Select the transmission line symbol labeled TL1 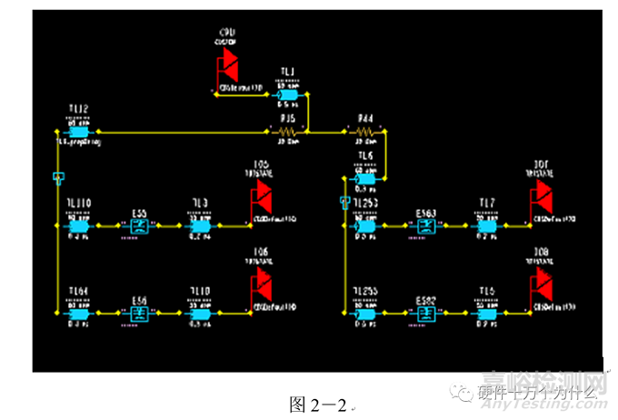288,95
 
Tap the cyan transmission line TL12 77,132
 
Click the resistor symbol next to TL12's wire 287,132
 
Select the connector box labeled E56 139,313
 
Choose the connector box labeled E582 426,313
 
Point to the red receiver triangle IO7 543,192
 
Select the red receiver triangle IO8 543,281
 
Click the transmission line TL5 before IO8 485,313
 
